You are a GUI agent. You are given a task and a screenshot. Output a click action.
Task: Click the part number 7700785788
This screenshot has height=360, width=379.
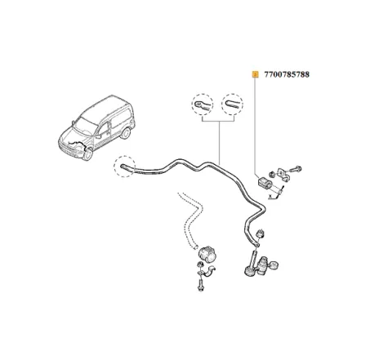(288, 74)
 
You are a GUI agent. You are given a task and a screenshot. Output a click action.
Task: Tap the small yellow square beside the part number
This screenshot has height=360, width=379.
(254, 74)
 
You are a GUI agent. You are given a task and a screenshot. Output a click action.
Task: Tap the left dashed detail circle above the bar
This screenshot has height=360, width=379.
(201, 105)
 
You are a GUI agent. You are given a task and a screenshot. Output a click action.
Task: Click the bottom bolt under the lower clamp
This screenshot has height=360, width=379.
(200, 287)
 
